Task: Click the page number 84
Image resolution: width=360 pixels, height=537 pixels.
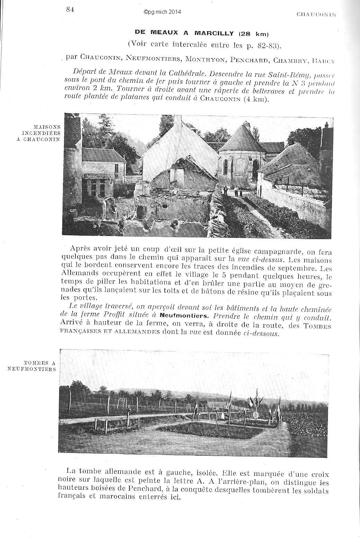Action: click(70, 10)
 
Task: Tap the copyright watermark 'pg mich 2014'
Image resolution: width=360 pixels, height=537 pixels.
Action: click(162, 12)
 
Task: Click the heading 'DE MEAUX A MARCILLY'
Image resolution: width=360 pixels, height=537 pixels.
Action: click(185, 33)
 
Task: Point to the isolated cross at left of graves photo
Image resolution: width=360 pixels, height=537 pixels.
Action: click(128, 412)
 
